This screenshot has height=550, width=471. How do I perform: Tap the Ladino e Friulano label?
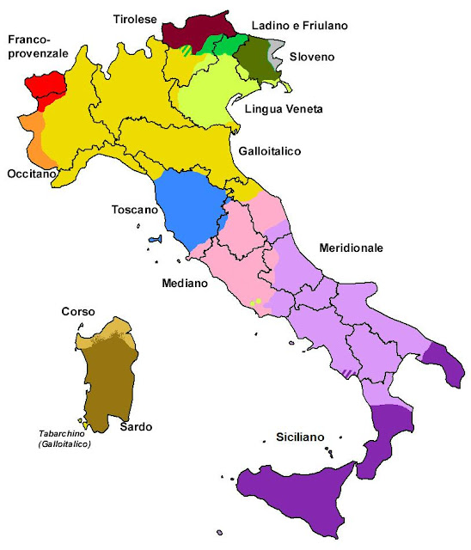coord(299,26)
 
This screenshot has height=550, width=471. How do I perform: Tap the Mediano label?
coord(184,282)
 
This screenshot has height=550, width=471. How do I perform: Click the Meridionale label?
coord(351,247)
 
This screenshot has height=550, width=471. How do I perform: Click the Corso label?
coord(77,312)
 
